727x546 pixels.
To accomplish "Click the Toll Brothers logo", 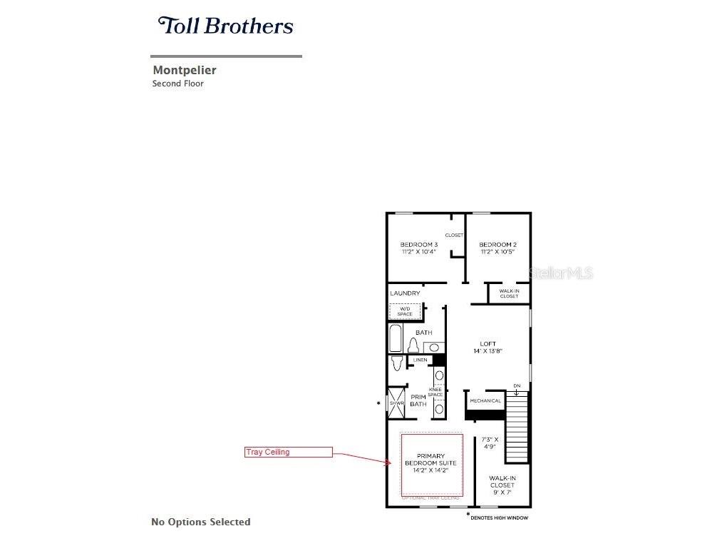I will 225,26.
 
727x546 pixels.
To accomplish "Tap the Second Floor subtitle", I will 177,84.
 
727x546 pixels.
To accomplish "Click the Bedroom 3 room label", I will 418,248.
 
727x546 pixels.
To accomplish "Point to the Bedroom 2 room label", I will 497,248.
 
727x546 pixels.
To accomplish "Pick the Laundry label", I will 405,293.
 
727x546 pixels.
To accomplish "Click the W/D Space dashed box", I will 405,311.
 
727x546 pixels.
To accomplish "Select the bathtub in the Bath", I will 396,338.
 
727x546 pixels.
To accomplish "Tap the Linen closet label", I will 421,360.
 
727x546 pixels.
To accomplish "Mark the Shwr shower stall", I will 396,403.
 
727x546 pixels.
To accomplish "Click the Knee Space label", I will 435,392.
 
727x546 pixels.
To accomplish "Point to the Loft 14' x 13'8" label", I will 488,348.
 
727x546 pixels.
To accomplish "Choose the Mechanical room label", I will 485,401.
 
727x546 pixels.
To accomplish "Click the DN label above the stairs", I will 517,386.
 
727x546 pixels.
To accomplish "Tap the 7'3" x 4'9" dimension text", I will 490,443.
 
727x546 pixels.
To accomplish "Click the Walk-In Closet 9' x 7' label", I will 502,485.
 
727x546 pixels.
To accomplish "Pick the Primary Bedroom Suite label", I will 430,463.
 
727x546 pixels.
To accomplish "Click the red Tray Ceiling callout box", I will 289,452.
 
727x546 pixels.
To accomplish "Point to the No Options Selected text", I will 201,522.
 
